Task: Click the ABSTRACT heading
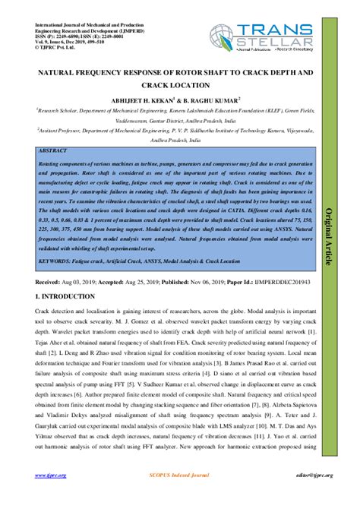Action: click(x=52, y=152)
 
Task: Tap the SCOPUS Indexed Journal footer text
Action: click(x=179, y=476)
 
